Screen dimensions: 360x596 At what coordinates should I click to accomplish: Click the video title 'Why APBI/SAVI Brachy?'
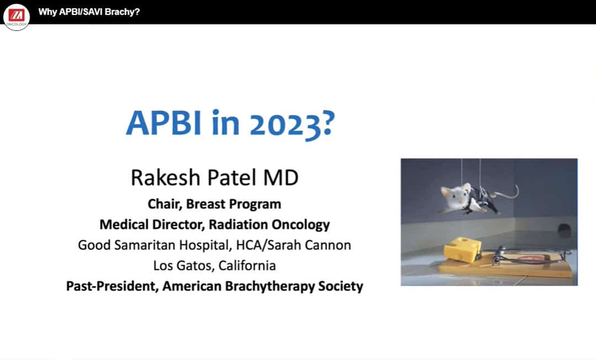pos(89,11)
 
